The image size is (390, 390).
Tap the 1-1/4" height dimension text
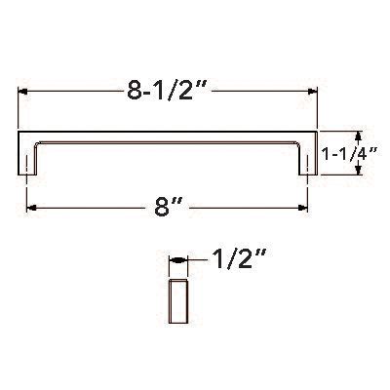[353, 154]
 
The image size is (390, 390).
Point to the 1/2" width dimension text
[238, 260]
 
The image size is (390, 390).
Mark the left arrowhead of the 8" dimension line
[31, 208]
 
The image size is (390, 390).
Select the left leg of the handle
[27, 155]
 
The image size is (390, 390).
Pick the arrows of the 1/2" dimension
[177, 262]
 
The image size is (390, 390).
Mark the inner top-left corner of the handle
[37, 142]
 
